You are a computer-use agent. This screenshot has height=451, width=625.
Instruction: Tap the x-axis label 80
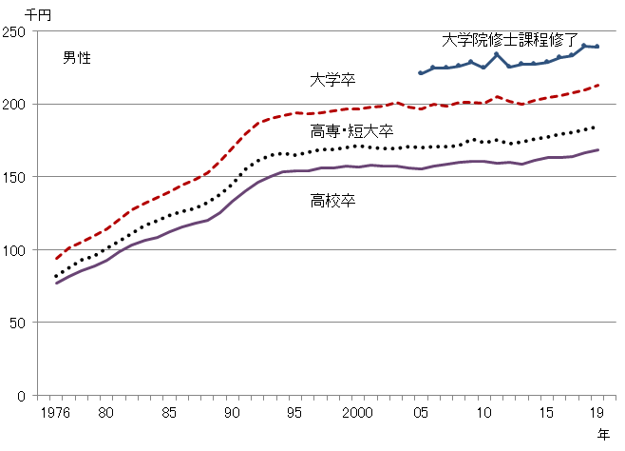[106, 414]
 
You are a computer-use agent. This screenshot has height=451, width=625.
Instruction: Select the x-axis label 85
[169, 414]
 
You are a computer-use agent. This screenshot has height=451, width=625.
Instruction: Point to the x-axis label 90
[231, 414]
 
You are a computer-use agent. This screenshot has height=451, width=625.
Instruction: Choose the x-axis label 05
[419, 414]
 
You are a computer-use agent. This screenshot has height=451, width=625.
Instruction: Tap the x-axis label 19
[596, 414]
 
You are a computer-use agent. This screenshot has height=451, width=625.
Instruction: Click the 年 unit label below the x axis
[604, 435]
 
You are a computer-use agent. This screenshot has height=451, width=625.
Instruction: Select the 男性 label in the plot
[77, 58]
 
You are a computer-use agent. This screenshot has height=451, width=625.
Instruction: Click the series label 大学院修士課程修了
[510, 40]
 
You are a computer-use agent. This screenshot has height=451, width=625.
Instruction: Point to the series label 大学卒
[330, 79]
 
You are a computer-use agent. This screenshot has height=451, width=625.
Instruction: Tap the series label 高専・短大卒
[351, 131]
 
